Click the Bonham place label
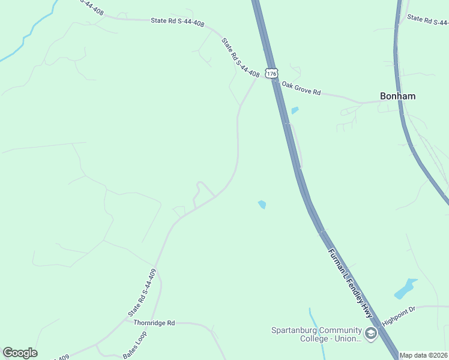coord(397,96)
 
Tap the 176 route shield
coord(272,73)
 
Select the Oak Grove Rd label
coord(301,89)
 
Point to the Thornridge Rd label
coord(154,323)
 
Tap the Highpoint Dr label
coord(399,314)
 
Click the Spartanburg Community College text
coord(316,331)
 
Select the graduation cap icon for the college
coord(370,334)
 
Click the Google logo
coord(20,353)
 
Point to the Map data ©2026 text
coord(424,355)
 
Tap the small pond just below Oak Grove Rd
coord(295,110)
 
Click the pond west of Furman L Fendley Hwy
coord(262,205)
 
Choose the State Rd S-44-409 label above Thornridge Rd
coord(142,293)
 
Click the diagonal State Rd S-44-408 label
coord(240,58)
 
